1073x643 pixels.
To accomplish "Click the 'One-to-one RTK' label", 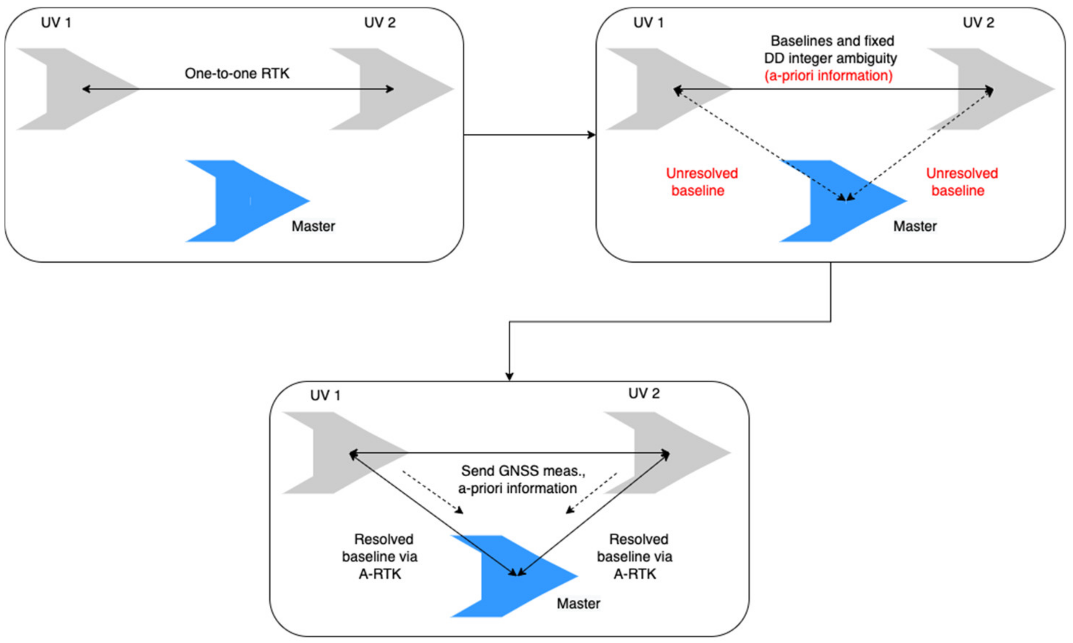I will tap(237, 73).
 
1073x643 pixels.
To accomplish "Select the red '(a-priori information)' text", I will tap(828, 76).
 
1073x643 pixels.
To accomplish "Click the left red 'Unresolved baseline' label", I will tap(702, 182).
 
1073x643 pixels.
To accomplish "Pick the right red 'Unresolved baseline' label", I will tap(961, 182).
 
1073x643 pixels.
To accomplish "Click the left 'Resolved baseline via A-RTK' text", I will tap(380, 556).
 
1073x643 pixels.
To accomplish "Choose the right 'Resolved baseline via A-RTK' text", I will tap(635, 556).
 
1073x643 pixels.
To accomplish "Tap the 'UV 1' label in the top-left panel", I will tap(56, 23).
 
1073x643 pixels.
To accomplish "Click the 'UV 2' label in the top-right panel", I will tap(978, 23).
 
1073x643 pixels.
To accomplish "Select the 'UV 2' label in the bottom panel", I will tap(644, 393).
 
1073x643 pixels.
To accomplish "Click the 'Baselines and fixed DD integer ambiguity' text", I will tap(831, 49).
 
